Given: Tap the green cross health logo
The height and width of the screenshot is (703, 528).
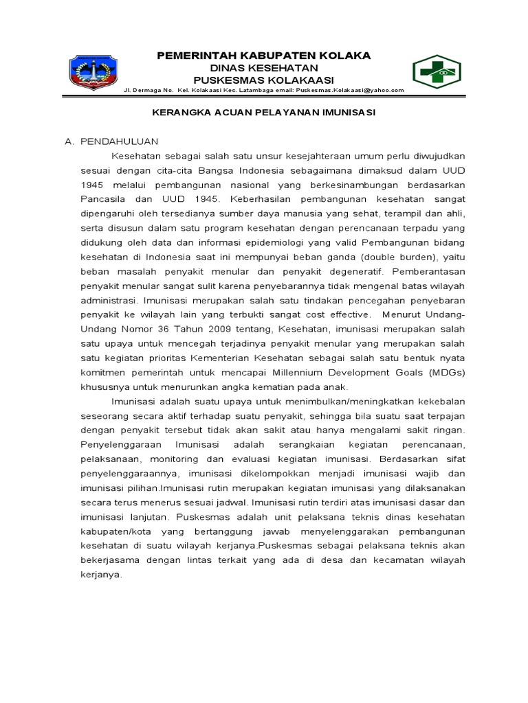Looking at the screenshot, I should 438,72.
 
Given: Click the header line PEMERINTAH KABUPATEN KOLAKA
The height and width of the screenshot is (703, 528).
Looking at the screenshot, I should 264,55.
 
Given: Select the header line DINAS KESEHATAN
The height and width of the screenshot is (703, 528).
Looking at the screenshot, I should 264,68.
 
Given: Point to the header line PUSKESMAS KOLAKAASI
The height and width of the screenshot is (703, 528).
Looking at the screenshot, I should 264,80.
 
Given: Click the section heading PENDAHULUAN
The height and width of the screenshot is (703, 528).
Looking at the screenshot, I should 120,141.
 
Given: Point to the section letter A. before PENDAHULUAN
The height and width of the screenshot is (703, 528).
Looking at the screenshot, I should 69,141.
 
